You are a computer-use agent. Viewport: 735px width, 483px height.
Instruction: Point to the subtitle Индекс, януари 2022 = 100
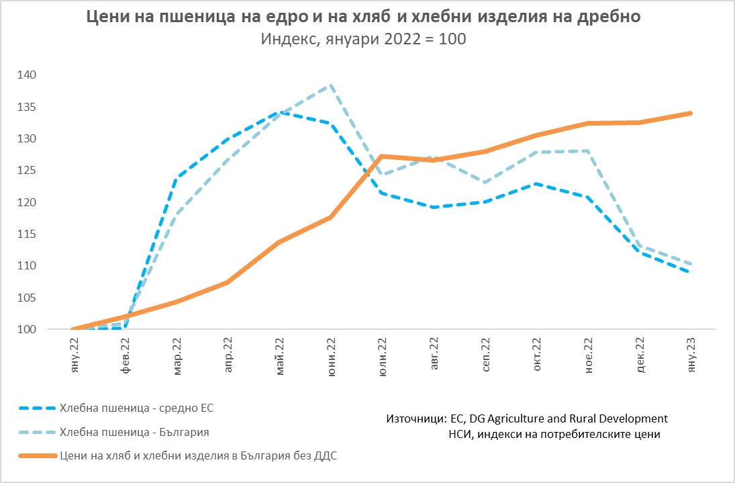tap(362, 39)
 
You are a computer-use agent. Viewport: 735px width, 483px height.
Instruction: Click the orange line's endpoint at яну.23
tap(691, 114)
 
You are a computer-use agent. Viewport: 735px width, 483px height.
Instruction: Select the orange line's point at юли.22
tap(382, 157)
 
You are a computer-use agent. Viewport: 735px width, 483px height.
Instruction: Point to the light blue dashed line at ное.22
tap(589, 151)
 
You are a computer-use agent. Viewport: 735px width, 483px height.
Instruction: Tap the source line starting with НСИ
tap(554, 434)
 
